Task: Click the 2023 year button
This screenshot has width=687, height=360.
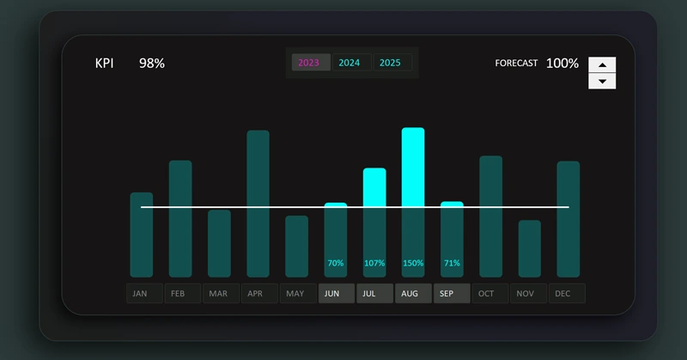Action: [x=310, y=63]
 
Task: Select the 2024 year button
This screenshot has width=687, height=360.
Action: [x=350, y=63]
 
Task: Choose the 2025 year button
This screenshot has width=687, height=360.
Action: [x=391, y=63]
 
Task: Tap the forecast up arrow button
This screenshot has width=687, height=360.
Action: [x=602, y=65]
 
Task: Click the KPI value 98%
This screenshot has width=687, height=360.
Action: [x=152, y=64]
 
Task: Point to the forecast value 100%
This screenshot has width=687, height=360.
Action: [x=562, y=64]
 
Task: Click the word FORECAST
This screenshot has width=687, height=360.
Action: [x=516, y=64]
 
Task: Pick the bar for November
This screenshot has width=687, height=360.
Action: [x=530, y=248]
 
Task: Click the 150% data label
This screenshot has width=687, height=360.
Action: [x=413, y=263]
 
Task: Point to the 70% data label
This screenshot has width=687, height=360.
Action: [x=335, y=263]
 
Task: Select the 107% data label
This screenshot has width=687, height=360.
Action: [x=374, y=263]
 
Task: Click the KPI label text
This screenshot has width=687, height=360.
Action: [x=104, y=64]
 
